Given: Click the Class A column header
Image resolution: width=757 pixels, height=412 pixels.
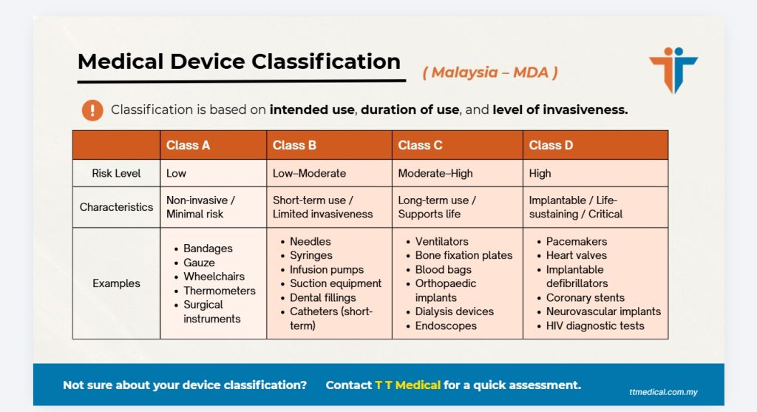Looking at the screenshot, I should (188, 145).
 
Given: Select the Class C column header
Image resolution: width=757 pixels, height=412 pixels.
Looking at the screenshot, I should (420, 145).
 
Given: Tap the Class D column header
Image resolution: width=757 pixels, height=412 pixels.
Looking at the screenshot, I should (551, 145).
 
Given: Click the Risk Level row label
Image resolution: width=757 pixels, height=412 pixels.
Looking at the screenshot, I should (116, 173).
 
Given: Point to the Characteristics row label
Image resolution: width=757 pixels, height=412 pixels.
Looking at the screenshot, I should (116, 207).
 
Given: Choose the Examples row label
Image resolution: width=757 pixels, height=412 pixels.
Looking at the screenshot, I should (116, 283).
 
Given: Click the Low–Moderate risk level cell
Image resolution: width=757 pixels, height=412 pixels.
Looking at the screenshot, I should (310, 173).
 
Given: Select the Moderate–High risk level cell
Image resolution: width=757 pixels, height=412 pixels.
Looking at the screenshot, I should (435, 173).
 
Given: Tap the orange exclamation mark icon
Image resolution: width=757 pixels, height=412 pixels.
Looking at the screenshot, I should (92, 110).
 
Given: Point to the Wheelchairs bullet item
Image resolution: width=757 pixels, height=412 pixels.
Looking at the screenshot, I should (214, 277).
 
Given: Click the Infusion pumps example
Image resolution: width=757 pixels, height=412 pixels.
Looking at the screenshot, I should (327, 270).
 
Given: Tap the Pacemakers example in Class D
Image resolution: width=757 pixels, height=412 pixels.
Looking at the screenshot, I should (577, 242).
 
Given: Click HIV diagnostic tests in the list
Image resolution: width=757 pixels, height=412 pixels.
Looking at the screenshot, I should (595, 325).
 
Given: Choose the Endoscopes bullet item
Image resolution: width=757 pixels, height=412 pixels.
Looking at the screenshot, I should (446, 325).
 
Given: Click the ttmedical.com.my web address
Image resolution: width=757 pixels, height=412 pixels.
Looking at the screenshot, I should (659, 392).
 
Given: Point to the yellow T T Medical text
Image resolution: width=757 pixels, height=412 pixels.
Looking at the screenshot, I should (407, 385).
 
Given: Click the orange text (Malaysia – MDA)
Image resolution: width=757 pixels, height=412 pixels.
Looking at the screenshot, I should (490, 72).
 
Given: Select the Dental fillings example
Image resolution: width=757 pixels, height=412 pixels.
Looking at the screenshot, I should (322, 298).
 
